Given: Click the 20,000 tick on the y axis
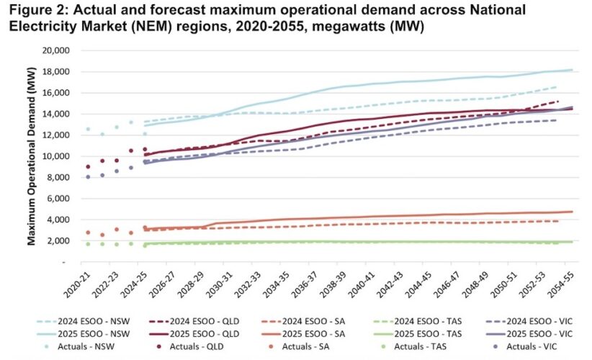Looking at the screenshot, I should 57,51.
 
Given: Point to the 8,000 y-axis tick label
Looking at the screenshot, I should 60,177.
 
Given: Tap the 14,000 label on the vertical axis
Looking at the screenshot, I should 57,114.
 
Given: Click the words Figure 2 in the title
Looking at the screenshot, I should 35,11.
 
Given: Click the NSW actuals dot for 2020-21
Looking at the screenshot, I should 88,130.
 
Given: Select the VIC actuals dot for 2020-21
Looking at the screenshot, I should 88,176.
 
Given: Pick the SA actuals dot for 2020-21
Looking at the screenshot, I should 88,233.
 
